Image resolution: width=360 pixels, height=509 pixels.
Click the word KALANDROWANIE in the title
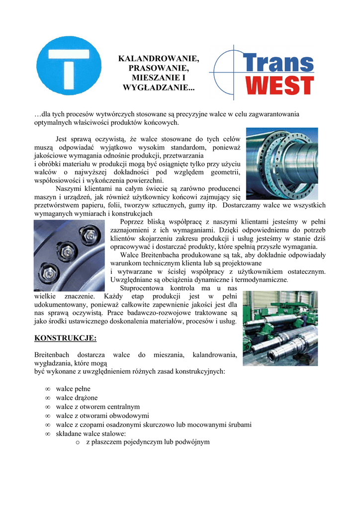(x=158, y=59)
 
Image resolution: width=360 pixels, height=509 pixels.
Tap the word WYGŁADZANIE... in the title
(x=159, y=87)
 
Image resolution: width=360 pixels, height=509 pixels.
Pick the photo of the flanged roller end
(x=282, y=164)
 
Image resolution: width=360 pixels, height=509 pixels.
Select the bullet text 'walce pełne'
(x=73, y=388)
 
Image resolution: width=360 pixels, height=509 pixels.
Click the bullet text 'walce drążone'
(x=77, y=398)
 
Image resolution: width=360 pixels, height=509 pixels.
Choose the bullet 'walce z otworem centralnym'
(x=97, y=407)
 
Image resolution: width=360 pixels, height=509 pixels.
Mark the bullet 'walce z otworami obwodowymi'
(x=102, y=416)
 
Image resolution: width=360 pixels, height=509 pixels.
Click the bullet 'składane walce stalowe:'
(x=91, y=433)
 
